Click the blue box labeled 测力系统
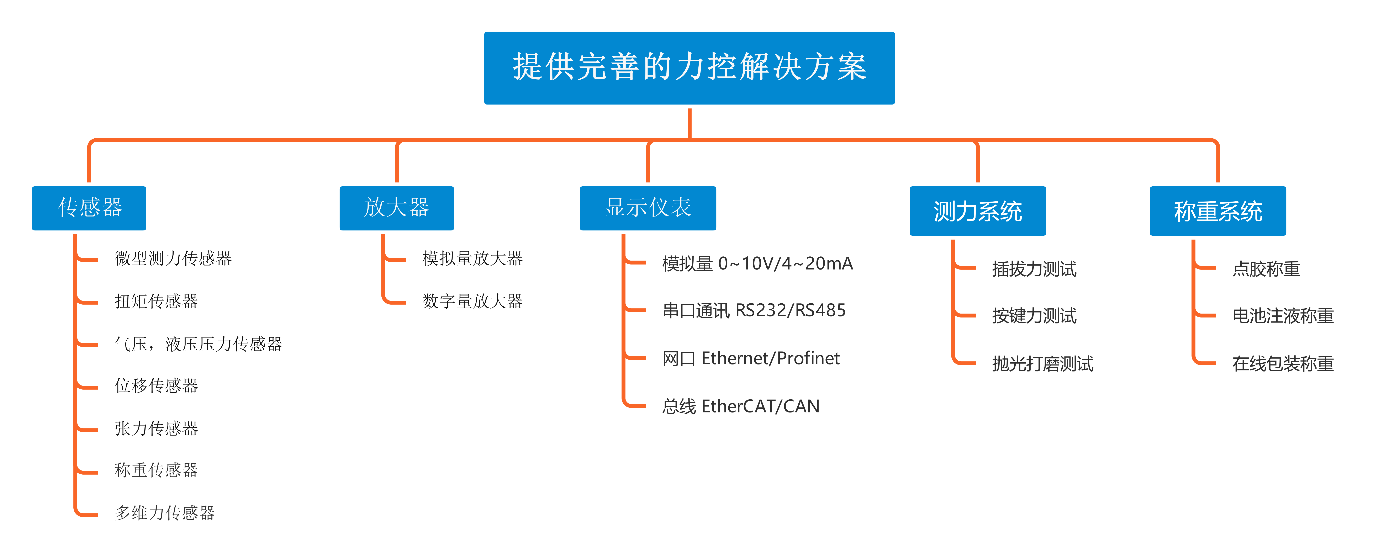tap(978, 211)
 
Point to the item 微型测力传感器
tap(173, 258)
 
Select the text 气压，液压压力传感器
tap(198, 344)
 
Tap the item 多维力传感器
tap(164, 513)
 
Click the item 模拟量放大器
tap(472, 258)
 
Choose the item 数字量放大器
tap(472, 302)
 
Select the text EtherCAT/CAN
tap(760, 406)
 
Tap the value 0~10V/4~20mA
tap(785, 263)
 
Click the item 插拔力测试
tap(1034, 269)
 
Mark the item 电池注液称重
tap(1283, 316)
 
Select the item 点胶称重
tap(1266, 269)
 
